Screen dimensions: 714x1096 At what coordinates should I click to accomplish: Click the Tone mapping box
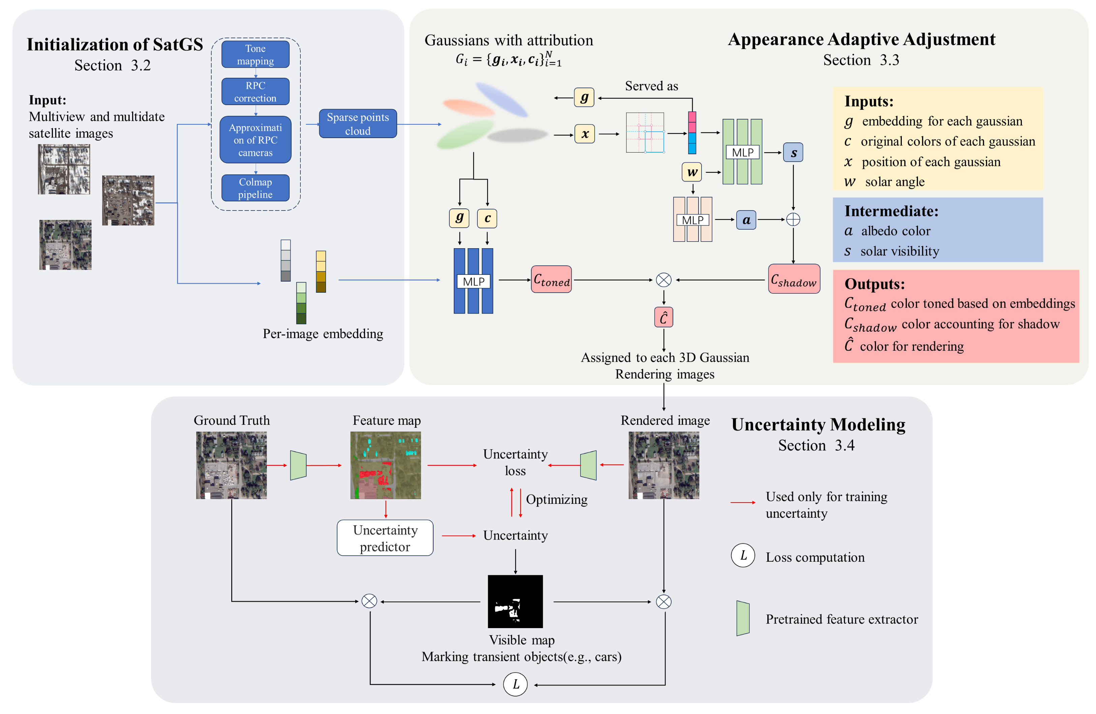click(255, 54)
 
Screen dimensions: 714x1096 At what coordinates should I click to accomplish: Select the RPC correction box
click(255, 92)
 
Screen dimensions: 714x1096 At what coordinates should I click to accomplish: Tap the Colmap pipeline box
click(255, 188)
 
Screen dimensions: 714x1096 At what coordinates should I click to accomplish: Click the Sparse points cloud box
click(357, 124)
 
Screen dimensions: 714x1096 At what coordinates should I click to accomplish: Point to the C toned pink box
click(551, 279)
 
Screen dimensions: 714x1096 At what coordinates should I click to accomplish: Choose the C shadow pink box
click(794, 279)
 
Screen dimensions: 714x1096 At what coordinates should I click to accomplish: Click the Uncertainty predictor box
click(385, 538)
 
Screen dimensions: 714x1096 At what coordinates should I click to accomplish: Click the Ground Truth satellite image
click(231, 465)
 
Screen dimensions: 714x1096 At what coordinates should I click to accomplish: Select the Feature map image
click(385, 465)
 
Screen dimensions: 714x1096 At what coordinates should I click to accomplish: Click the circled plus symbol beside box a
click(793, 220)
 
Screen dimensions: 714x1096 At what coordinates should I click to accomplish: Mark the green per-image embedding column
click(301, 303)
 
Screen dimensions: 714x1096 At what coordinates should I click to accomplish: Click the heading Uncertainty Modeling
click(818, 424)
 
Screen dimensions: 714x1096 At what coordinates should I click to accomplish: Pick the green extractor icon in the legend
click(742, 618)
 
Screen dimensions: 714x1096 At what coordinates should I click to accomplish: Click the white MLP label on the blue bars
click(473, 281)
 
